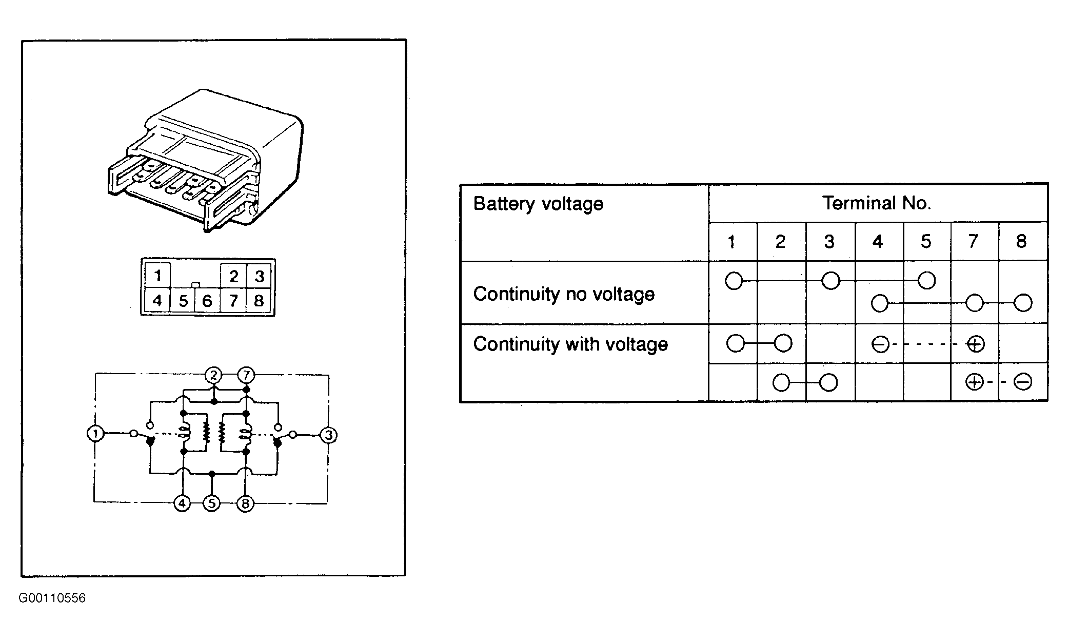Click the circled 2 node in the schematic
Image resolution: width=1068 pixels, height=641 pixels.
[213, 376]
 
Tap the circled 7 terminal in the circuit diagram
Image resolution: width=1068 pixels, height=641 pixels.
[246, 376]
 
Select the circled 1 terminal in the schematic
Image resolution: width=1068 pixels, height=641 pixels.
[95, 434]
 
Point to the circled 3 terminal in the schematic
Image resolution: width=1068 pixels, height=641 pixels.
[328, 435]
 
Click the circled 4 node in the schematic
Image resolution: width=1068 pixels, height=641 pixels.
[182, 503]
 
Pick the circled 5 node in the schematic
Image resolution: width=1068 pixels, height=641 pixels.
[212, 503]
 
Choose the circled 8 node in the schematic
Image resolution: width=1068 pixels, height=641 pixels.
[245, 504]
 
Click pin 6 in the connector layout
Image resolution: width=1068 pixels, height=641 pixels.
[207, 301]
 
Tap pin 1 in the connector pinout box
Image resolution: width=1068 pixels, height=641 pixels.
[158, 276]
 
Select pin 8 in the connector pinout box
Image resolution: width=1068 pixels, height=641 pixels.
[259, 300]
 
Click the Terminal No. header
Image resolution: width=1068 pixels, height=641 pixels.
[877, 203]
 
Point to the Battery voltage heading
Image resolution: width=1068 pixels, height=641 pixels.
[538, 204]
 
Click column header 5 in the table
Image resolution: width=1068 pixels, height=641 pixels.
[926, 241]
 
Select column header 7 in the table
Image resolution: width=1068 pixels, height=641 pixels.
[973, 241]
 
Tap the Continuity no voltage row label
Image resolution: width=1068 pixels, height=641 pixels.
[564, 294]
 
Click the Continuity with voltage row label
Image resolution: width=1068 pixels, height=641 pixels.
[570, 344]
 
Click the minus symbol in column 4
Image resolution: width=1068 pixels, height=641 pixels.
[880, 344]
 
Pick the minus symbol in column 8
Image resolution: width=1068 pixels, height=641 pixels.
[1023, 382]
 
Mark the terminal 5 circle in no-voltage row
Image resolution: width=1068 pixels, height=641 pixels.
[926, 280]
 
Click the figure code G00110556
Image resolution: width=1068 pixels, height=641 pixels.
[52, 598]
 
